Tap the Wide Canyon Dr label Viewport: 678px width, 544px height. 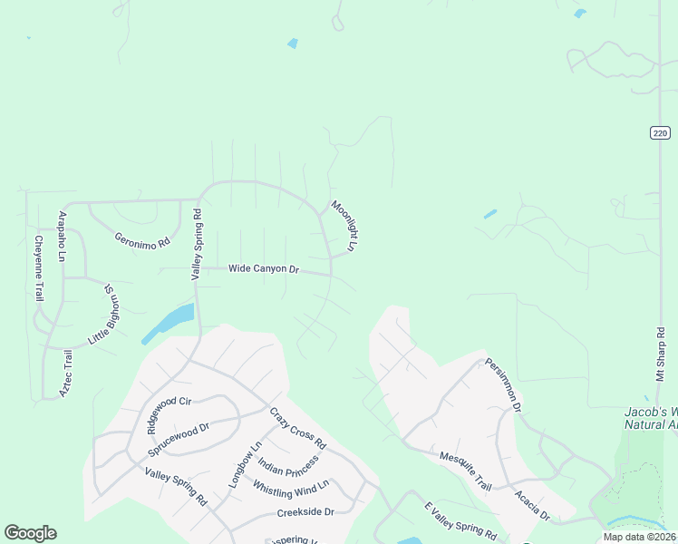click(x=263, y=269)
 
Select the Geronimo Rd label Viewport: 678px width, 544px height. click(x=142, y=242)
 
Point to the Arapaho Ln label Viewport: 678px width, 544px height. click(x=63, y=237)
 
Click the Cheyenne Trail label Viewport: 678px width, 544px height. click(x=39, y=268)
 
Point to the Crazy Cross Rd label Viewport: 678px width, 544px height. click(x=297, y=429)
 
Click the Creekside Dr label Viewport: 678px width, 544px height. click(x=305, y=513)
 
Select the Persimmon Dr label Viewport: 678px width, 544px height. click(x=503, y=384)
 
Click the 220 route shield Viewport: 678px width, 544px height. click(x=660, y=132)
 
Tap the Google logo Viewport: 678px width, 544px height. click(x=30, y=533)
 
